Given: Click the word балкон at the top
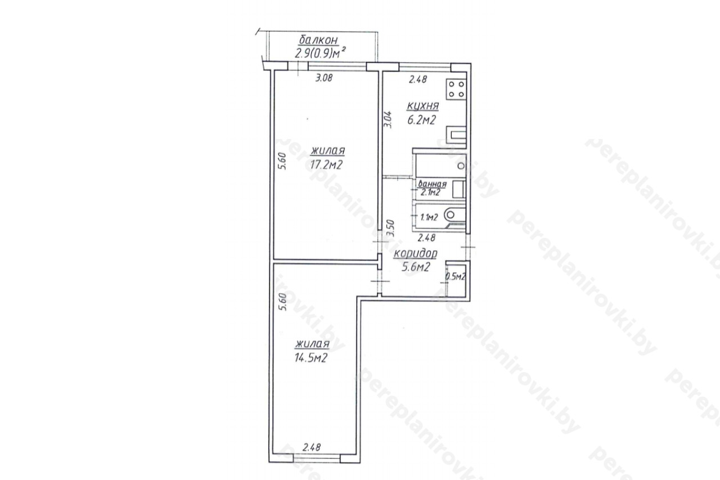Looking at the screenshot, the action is pos(319,40).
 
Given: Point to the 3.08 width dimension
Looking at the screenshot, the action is pos(323,78).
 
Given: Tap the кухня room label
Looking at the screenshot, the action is pos(422,105).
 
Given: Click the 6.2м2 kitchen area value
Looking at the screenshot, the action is pos(421,120).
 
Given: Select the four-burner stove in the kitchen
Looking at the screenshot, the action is pos(456,89).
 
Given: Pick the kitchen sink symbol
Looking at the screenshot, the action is pos(456,134).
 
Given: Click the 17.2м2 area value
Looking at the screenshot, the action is pos(326,165).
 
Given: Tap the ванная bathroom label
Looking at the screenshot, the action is pos(433,184).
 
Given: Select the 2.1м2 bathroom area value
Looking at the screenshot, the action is pos(430,192).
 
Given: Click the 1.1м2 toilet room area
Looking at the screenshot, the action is pos(429,217).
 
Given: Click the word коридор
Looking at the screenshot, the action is pos(416,253).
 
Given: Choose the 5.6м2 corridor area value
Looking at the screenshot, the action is pos(416,267).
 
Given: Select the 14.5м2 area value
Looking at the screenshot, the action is pos(311,358).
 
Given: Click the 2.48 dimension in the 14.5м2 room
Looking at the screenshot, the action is pos(312,447).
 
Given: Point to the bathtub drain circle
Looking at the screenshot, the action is pos(461,166).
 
